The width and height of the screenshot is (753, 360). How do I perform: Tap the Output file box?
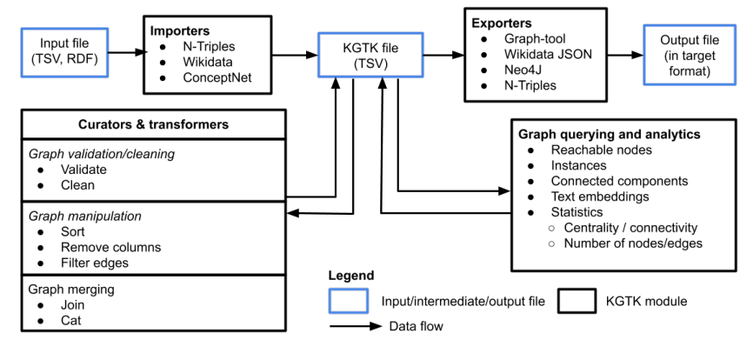click(683, 54)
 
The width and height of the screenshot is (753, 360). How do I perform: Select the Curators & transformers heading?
click(154, 124)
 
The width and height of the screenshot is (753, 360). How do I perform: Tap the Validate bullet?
click(84, 170)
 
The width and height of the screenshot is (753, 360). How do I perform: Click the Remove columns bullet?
click(110, 248)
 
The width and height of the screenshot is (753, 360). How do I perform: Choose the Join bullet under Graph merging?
click(73, 305)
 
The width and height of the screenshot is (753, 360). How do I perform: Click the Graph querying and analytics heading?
click(609, 135)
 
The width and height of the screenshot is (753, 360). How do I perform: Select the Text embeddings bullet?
click(600, 197)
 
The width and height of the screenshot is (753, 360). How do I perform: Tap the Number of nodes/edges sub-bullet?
click(632, 243)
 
